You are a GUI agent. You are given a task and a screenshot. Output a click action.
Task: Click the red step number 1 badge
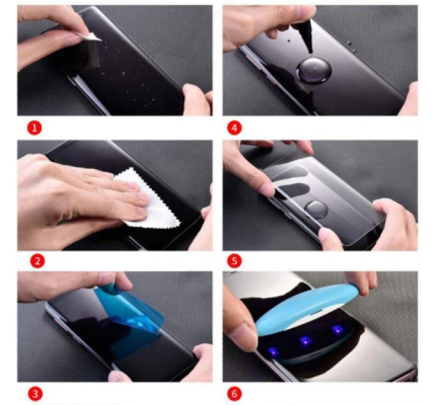[x=34, y=128]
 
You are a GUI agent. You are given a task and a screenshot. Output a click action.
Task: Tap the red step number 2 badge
[x=37, y=261]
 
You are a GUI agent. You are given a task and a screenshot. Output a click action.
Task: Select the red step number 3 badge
[x=35, y=394]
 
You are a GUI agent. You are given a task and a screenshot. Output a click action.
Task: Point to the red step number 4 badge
[x=234, y=128]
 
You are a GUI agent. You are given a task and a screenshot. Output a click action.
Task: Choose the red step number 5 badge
[x=234, y=261]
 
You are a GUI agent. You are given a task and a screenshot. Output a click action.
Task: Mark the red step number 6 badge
[x=234, y=394]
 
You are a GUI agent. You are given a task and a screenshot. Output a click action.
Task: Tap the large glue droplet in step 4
[x=314, y=70]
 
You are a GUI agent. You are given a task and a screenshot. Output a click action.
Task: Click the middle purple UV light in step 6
[x=305, y=341]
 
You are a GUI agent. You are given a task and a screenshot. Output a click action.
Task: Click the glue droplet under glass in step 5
[x=316, y=210]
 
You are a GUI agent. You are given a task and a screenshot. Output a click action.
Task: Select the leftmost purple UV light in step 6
[x=274, y=352]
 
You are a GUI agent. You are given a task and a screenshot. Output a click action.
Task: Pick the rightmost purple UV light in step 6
[x=338, y=330]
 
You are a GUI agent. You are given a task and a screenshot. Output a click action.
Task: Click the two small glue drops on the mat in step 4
[x=351, y=46]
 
